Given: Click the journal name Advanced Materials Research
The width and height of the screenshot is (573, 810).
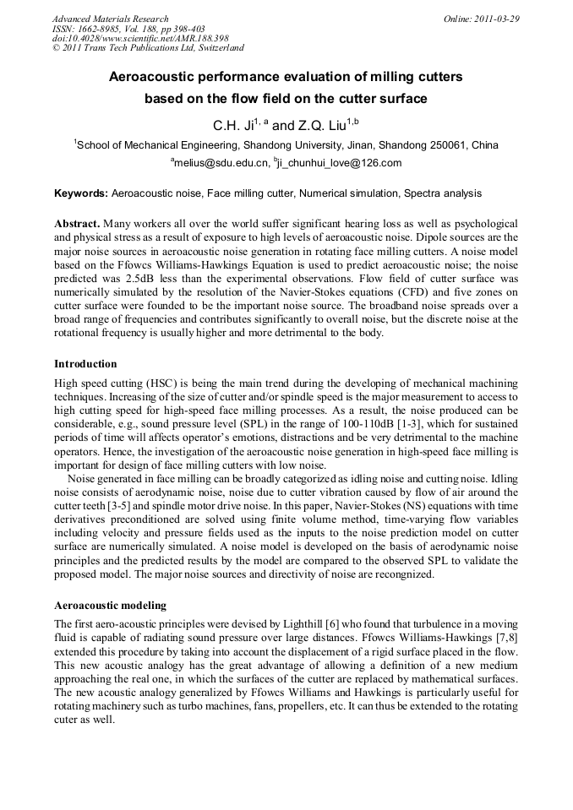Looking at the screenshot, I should coord(110,19).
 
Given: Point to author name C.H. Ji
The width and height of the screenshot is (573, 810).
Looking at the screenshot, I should coord(232,125).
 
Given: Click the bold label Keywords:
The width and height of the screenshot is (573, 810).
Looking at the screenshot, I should coord(81,193).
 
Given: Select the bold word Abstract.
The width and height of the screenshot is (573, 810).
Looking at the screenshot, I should coord(76,224).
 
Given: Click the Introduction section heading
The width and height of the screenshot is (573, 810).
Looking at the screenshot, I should coord(85,364).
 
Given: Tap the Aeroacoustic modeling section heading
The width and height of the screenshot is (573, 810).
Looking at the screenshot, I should coord(110,606).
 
